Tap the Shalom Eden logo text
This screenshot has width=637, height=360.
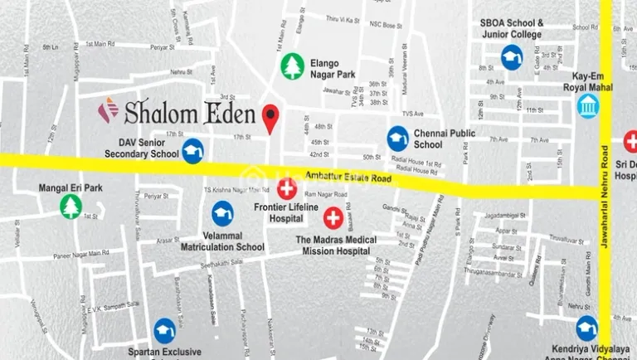177,111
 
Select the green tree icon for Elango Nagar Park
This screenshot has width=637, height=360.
292,66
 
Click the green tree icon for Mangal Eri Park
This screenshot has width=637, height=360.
71,207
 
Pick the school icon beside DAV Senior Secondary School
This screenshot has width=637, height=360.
192,151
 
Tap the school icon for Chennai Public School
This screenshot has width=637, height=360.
398,138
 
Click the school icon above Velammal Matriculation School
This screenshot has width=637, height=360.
222,214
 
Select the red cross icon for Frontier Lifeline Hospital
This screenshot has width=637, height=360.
287,188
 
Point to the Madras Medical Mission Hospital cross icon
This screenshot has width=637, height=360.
333,219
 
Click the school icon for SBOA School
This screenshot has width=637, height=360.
512,57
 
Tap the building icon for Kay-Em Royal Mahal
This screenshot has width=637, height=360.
588,105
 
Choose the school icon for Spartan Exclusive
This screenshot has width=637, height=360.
164,331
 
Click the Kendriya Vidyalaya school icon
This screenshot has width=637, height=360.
587,328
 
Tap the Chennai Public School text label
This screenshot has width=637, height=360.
440,139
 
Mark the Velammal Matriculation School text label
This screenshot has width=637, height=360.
222,241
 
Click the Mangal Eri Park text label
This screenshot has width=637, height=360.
71,188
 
